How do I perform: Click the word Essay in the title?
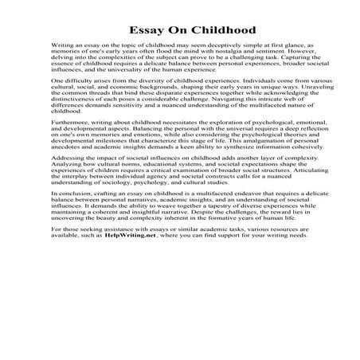point(143,33)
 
